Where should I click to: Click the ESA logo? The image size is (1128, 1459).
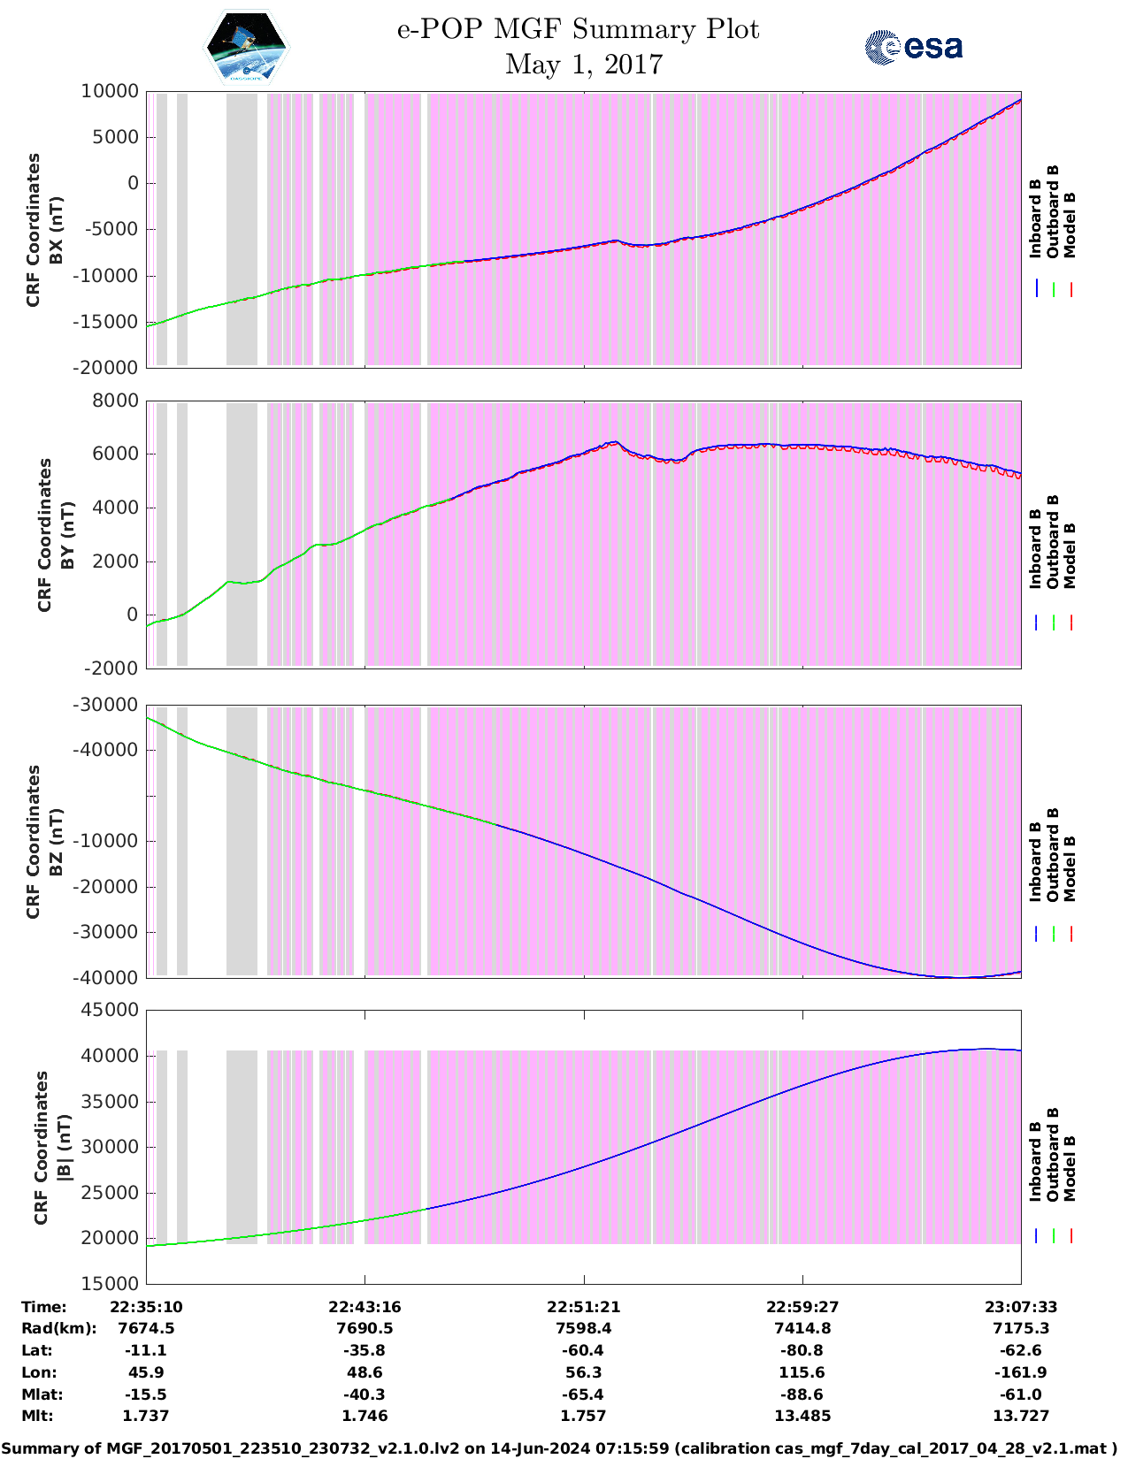tap(913, 47)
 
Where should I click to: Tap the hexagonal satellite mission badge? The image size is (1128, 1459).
tap(247, 49)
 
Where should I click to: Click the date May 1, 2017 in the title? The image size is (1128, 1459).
tap(584, 65)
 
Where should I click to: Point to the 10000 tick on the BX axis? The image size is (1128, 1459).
tap(110, 92)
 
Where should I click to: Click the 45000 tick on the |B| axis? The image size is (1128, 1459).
tap(110, 1011)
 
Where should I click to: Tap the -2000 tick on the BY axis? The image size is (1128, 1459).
tap(111, 668)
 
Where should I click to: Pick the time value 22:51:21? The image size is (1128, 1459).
tap(583, 1307)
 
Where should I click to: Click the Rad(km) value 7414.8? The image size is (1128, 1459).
tap(802, 1328)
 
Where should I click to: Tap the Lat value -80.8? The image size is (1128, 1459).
tap(802, 1350)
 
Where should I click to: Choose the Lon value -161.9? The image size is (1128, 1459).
tap(1021, 1372)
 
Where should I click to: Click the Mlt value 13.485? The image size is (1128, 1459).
tap(802, 1416)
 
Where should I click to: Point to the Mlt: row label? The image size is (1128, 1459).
tap(37, 1416)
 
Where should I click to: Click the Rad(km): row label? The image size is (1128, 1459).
tap(58, 1328)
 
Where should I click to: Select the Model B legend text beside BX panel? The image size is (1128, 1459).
tap(1070, 225)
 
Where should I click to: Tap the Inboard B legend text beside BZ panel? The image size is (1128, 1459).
tap(1035, 861)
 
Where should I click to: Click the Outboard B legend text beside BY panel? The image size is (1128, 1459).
tap(1053, 541)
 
